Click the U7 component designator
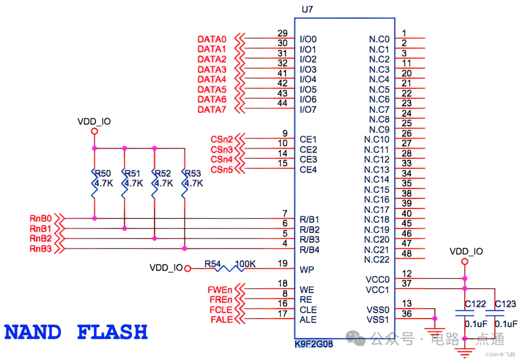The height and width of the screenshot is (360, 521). coord(307,9)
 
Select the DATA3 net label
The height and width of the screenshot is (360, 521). coord(212,69)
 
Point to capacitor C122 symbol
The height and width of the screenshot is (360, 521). coord(465,313)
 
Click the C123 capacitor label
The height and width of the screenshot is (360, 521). coord(506,304)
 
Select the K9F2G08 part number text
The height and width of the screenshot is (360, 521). coord(314,345)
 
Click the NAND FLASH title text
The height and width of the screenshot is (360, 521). coord(76,332)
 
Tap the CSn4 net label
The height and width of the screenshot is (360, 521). coord(221,159)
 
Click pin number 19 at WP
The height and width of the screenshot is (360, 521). coord(283,263)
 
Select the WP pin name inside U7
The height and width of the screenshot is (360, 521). coord(306,269)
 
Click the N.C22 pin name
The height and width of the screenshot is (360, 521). coord(377,260)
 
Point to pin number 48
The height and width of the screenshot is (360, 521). coord(407,253)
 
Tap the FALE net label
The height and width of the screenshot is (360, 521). coord(221,319)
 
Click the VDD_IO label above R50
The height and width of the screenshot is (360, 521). coord(94,122)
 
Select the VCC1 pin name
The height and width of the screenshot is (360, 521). coord(377,290)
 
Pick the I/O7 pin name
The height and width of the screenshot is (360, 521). coord(308,110)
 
